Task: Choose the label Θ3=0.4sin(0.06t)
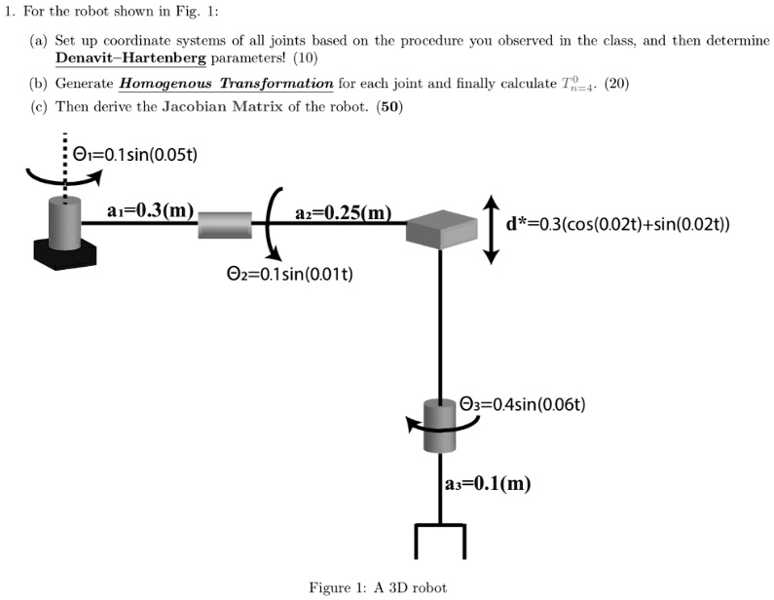522,404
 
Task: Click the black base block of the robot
65,250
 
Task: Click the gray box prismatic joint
442,229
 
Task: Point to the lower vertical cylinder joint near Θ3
441,426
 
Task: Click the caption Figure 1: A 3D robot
378,586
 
